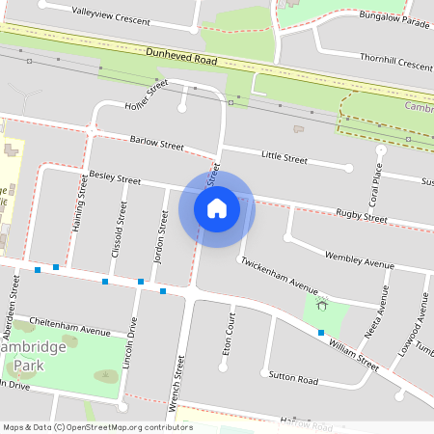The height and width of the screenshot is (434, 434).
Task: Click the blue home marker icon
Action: [217, 207]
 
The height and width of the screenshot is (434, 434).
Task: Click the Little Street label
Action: [285, 157]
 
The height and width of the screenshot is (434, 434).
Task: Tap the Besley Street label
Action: [115, 178]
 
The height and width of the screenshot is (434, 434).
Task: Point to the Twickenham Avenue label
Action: [279, 275]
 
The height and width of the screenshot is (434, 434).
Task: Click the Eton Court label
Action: [230, 334]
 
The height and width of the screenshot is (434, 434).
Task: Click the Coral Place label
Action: [378, 183]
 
